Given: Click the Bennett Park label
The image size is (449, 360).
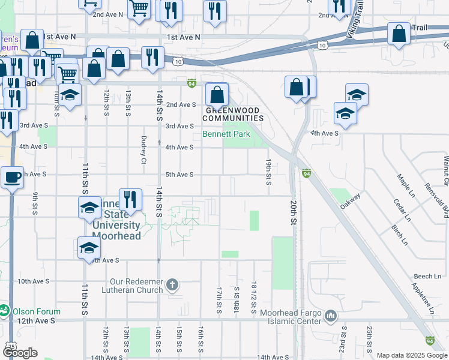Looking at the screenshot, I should (226, 134).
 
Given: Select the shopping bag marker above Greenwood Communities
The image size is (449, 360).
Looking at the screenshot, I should (217, 94).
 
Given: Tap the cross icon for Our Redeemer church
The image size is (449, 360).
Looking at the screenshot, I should (172, 284).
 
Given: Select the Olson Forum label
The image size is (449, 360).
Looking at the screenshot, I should (38, 311).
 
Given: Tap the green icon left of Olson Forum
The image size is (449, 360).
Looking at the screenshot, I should (4, 311).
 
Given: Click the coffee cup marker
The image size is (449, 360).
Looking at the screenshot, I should (12, 177).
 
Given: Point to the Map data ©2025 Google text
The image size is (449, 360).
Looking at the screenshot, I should (412, 355).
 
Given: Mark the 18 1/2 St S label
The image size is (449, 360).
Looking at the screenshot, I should (255, 298).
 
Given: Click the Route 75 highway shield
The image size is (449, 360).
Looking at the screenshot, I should (10, 347).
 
